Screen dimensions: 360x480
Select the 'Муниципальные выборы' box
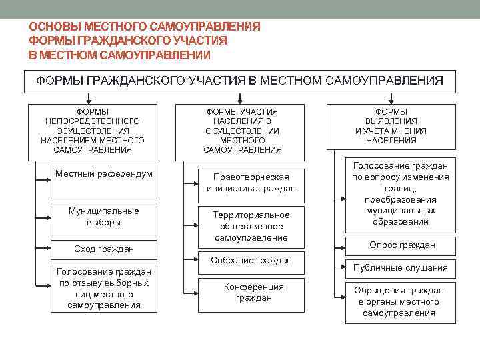tap(104, 217)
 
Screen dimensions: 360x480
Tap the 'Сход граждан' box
tap(104, 249)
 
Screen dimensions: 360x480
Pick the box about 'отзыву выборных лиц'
tap(104, 288)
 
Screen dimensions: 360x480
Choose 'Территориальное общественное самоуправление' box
tap(251, 226)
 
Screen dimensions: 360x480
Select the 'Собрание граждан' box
tap(251, 261)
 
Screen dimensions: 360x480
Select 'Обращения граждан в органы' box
tap(400, 301)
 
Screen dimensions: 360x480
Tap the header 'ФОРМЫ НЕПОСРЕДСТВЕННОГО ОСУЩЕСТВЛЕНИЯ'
tap(92, 131)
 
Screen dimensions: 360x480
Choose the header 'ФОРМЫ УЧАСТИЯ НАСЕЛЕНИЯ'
tap(241, 131)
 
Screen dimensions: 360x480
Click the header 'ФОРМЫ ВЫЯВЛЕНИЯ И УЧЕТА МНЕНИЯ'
tap(391, 127)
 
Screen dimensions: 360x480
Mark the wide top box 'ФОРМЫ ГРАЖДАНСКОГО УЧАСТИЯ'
tap(239, 81)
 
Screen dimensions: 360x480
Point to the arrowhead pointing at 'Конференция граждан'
tap(188, 293)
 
